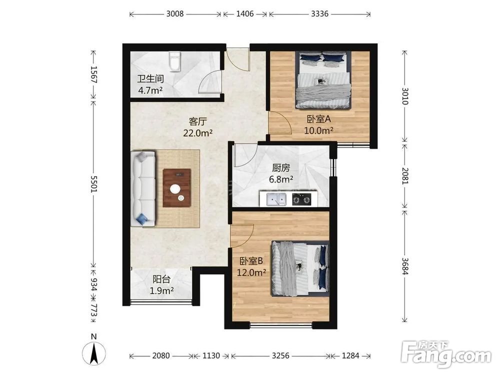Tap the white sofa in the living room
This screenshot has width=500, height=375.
pos(143,189)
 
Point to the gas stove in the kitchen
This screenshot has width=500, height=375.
pos(301,199)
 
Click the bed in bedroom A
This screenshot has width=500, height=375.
pos(322,79)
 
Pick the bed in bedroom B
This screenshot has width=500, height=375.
pos(300,268)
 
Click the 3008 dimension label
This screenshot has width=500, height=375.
pos(175,13)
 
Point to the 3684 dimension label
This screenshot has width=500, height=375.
pos(404,266)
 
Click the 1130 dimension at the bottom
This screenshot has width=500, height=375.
pos(211,355)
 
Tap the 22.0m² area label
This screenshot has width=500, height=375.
pos(197,133)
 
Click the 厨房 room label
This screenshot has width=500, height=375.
pos(281,167)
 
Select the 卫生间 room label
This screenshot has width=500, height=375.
pos(150,79)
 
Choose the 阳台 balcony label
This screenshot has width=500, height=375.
pos(161,279)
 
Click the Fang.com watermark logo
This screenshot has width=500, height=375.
pos(446,354)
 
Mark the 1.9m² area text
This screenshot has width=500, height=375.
pos(161,290)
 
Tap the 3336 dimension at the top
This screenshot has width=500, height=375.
pos(320,13)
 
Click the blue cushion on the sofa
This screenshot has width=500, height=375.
pos(142,219)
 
